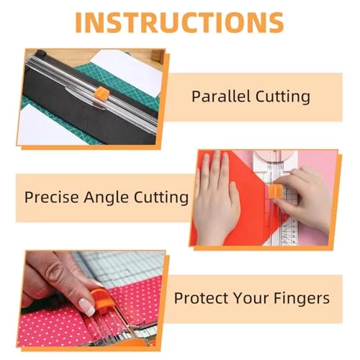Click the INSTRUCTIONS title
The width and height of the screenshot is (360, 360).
tap(179, 22)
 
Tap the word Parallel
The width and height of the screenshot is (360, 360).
tap(220, 96)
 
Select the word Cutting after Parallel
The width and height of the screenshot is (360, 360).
tap(283, 97)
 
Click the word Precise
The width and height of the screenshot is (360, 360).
tap(52, 197)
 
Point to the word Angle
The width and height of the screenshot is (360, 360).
tap(106, 198)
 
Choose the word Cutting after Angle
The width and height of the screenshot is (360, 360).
tap(161, 198)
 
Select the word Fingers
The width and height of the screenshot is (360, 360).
tap(302, 299)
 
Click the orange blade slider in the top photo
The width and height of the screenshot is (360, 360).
tap(102, 94)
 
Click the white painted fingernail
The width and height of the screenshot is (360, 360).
tap(86, 307)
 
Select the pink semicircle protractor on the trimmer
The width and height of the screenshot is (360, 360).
tap(275, 156)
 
